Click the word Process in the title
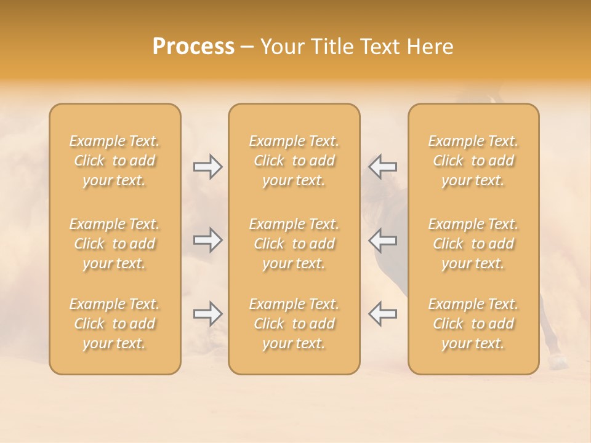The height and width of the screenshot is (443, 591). point(193,47)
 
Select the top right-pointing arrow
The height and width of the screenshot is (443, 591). point(208,167)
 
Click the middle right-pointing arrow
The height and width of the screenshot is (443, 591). point(208,240)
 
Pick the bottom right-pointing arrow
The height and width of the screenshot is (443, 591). point(208,314)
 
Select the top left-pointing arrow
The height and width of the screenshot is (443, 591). point(382,167)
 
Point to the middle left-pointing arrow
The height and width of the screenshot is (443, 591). point(382,240)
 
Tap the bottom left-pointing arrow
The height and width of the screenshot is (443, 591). point(382,314)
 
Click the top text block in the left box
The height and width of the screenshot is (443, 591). point(115,161)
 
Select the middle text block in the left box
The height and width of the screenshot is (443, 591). point(115,244)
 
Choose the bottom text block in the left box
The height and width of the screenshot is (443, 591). point(115,324)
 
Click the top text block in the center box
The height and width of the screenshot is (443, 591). point(294,161)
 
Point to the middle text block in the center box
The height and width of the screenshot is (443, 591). point(294,244)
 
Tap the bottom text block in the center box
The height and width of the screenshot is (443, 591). point(294,324)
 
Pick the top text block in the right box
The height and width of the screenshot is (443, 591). point(473,161)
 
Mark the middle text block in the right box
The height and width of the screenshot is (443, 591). point(473,244)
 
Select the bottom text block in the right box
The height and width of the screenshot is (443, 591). point(473,324)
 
